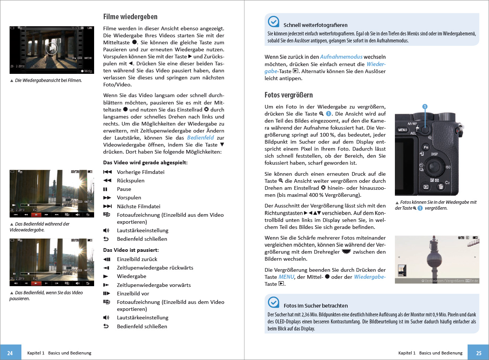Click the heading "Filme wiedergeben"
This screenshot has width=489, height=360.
point(130,17)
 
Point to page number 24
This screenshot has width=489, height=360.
point(10,353)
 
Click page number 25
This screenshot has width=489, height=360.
point(479,353)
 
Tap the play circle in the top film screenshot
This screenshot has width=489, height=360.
point(52,48)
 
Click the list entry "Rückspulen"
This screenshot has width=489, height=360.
point(130,181)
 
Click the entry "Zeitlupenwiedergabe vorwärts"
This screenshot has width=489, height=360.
point(154,285)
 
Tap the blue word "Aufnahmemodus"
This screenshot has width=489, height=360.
point(341,57)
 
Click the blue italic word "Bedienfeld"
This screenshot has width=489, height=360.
point(200,138)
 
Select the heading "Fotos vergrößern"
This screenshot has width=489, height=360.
point(289,95)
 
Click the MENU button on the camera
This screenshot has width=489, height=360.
point(403,130)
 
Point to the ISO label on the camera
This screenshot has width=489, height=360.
point(448,167)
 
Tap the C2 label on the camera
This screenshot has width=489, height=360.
point(447,182)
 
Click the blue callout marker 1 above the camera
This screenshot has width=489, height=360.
point(425,106)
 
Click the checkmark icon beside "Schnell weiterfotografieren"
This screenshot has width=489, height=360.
point(273,22)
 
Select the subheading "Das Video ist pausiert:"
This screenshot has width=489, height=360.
point(131,250)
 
